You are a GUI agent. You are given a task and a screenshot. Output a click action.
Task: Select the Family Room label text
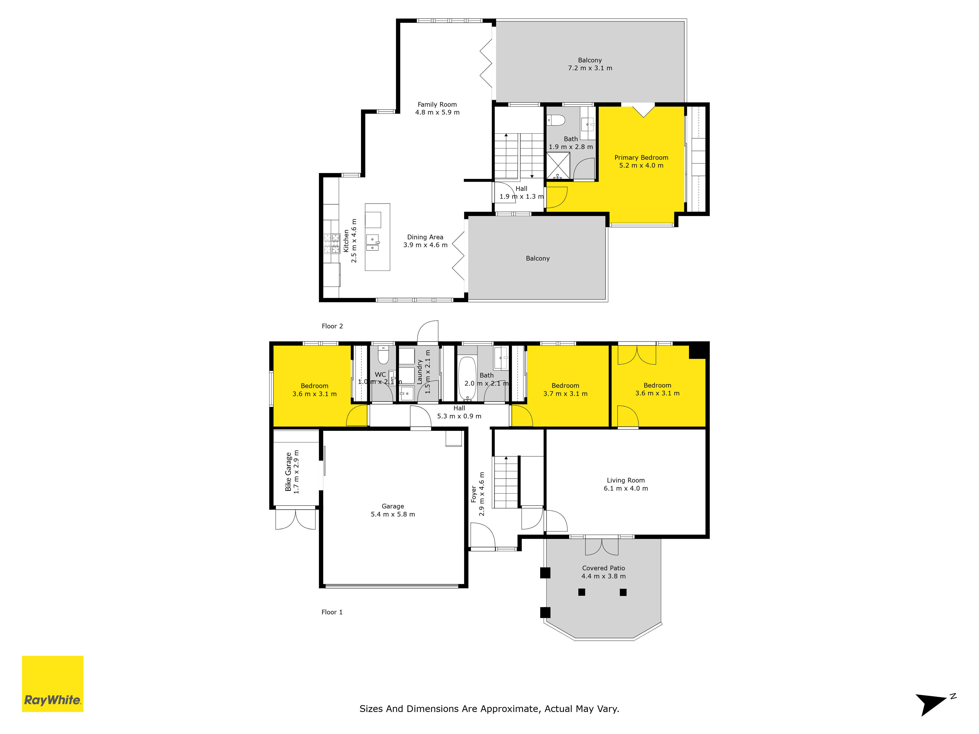437,104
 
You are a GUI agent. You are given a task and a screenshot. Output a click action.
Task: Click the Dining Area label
425,237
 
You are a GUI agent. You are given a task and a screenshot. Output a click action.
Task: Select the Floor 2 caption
332,326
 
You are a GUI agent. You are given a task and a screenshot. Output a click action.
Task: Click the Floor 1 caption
332,612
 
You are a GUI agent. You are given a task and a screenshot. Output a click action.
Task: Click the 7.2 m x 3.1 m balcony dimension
590,68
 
